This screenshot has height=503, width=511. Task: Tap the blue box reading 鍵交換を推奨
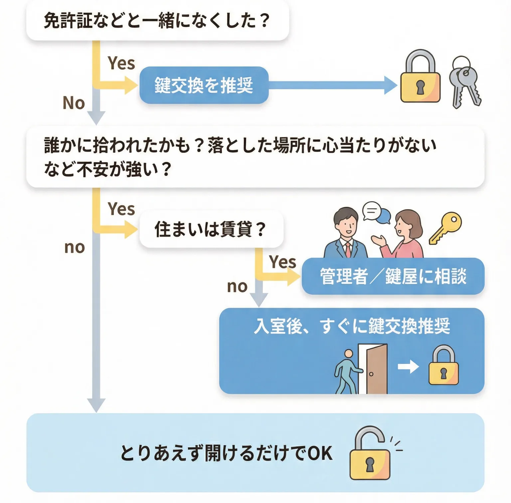204,85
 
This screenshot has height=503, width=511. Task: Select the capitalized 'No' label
74,103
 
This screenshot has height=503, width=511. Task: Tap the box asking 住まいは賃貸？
211,229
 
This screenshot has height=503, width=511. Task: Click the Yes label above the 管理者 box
282,262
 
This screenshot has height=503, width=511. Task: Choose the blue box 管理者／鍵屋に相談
393,276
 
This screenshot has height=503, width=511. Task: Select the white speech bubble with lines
372,211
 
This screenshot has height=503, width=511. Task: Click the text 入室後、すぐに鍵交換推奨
351,326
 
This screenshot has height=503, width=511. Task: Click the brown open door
377,369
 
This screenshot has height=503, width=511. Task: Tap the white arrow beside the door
408,367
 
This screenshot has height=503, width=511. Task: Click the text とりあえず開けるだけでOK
226,453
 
